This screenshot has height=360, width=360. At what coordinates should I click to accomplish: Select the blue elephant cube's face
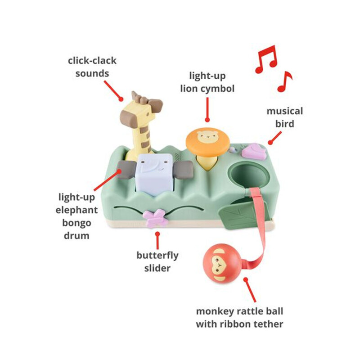coord(154,175)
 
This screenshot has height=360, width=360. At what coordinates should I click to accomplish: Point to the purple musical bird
coord(252,150)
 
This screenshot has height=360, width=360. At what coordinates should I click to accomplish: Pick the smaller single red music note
coord(285,82)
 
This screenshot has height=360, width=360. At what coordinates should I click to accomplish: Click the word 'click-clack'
coord(92,61)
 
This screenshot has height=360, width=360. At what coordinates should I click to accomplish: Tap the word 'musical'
coord(285,111)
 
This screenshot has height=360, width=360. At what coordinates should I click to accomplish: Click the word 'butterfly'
coord(157,256)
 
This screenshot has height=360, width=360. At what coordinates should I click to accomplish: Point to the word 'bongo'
coord(76,223)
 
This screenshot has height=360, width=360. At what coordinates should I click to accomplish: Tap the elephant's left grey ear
coord(126,170)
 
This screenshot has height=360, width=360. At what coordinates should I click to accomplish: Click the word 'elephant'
coord(76,210)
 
